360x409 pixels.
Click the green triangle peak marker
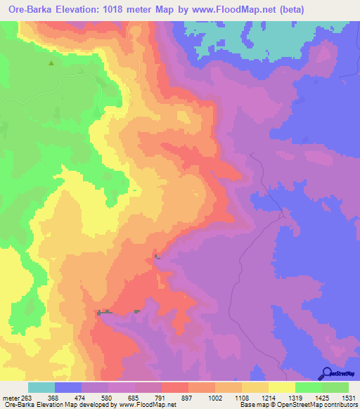pos(51,63)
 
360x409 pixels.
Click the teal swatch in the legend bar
pos(41,388)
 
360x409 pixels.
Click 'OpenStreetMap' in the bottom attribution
pos(290,405)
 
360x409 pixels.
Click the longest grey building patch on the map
pos(105,311)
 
